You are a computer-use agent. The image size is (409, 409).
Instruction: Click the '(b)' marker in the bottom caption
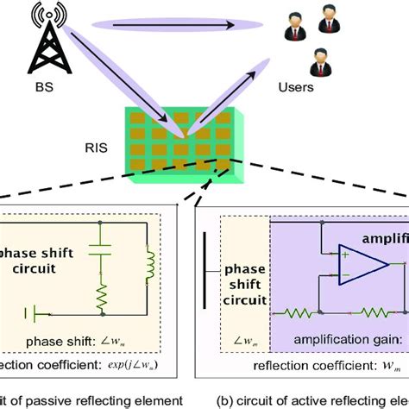click(x=224, y=399)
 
